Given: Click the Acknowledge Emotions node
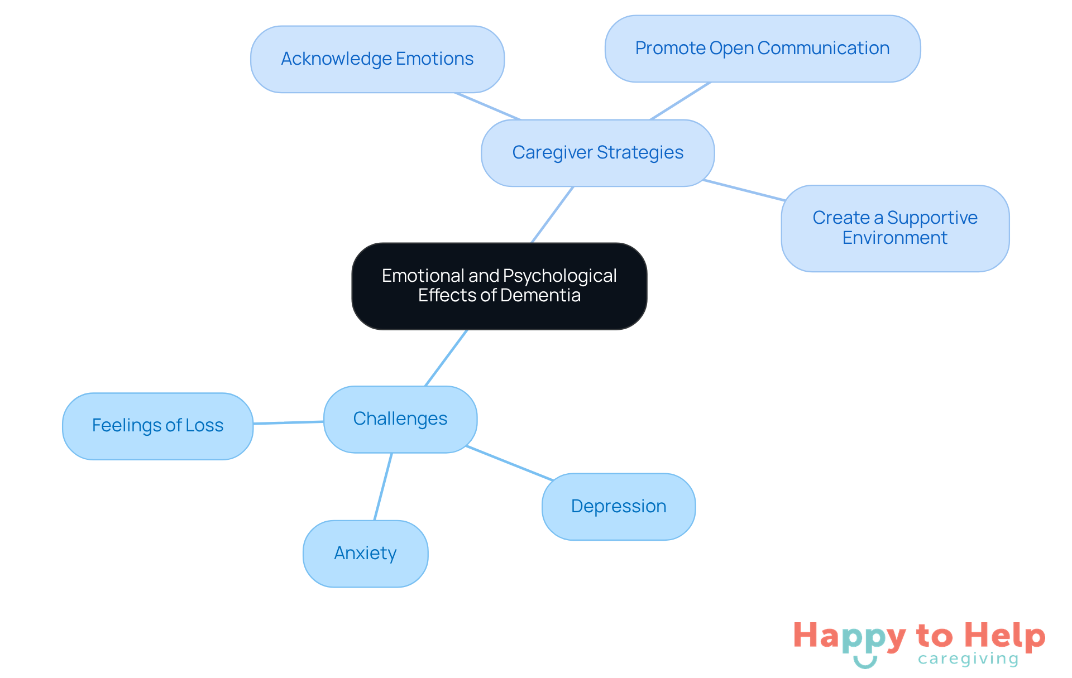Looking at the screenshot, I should (377, 59).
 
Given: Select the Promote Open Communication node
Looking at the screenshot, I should (762, 49).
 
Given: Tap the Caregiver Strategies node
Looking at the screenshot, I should (597, 153).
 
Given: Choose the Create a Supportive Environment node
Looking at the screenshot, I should (894, 228).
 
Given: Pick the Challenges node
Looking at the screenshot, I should (400, 419).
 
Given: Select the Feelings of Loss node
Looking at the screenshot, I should (157, 426).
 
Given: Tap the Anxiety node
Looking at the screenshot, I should (365, 554).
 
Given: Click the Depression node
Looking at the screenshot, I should (618, 507).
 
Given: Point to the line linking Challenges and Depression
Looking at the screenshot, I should (509, 463).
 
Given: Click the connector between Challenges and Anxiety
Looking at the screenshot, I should (383, 487).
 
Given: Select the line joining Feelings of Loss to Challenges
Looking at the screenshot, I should (288, 422).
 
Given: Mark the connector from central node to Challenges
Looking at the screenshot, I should (446, 358).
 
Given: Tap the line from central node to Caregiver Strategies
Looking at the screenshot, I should (552, 215).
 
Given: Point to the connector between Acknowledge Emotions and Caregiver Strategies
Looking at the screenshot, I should (488, 106).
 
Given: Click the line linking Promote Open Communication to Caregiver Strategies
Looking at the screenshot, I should (680, 101).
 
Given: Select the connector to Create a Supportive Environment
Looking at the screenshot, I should (744, 190).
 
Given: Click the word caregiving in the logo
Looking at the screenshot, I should (968, 659).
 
